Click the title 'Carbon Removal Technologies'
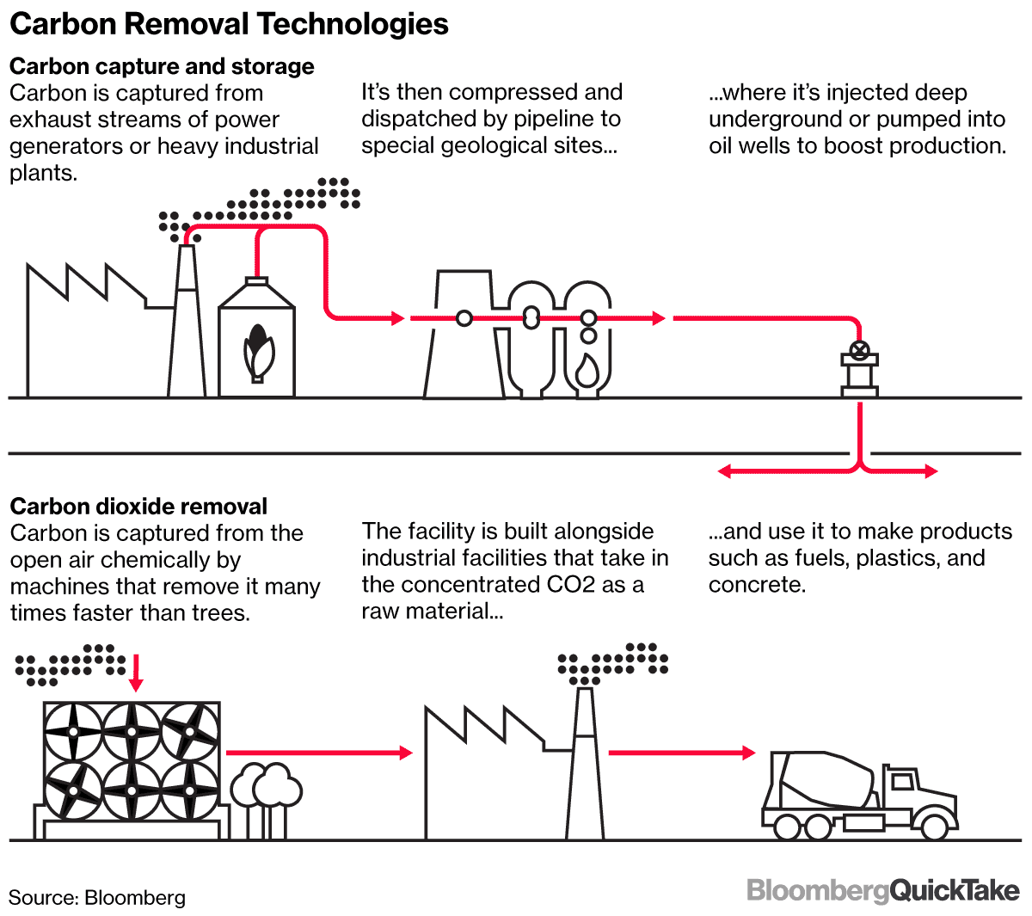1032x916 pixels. pyautogui.click(x=229, y=24)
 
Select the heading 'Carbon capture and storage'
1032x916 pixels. pyautogui.click(x=162, y=66)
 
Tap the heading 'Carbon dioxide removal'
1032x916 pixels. pyautogui.click(x=138, y=506)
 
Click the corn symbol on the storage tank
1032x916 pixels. pyautogui.click(x=256, y=351)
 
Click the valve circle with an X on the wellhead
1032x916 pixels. pyautogui.click(x=858, y=349)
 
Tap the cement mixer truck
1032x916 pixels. pyautogui.click(x=860, y=796)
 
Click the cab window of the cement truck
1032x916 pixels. pyautogui.click(x=903, y=781)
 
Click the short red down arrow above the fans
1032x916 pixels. pyautogui.click(x=136, y=673)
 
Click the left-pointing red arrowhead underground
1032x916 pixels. pyautogui.click(x=725, y=470)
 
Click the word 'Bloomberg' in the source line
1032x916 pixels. pyautogui.click(x=135, y=898)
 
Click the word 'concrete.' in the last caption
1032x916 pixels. pyautogui.click(x=757, y=585)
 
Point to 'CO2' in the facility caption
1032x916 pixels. pyautogui.click(x=572, y=585)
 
